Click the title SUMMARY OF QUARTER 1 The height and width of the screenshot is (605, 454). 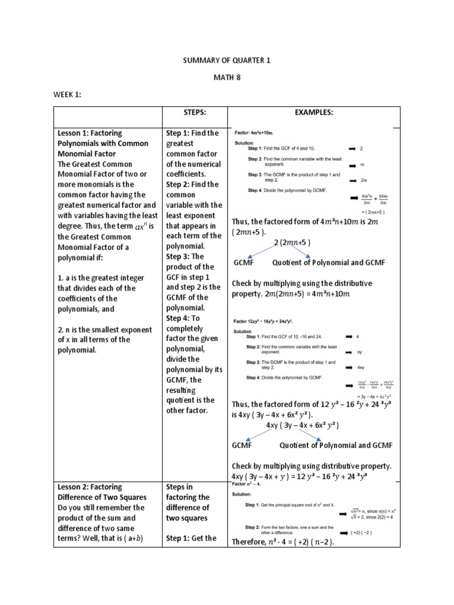pyautogui.click(x=226, y=60)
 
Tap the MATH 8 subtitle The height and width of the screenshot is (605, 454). pyautogui.click(x=226, y=77)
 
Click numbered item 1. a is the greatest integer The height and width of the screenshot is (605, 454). pyautogui.click(x=97, y=278)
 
